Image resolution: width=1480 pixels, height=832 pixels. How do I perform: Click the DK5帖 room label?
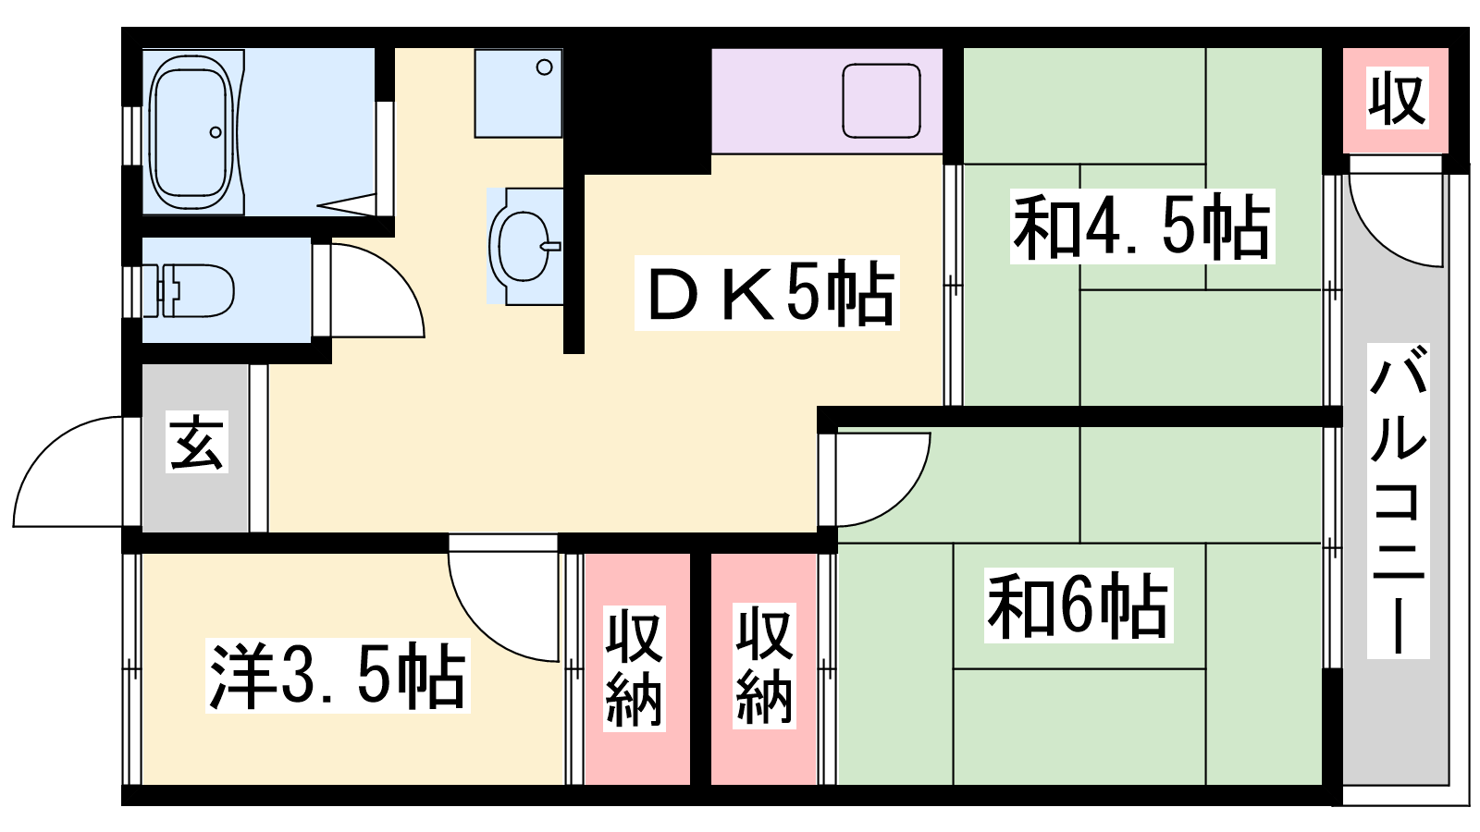coord(767,292)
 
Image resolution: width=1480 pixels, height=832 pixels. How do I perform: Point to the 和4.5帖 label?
coord(1141,226)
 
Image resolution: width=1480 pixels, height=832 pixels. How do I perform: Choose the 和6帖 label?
coord(1079,606)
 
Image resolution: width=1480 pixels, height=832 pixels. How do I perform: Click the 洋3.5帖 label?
coord(338,676)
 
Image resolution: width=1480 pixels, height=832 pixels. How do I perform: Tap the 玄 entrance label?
coord(197,442)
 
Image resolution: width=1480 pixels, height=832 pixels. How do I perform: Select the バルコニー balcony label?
coord(1398,500)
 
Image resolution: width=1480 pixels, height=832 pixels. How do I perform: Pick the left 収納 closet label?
coord(634,668)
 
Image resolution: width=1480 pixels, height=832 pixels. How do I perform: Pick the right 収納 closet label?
coord(764,667)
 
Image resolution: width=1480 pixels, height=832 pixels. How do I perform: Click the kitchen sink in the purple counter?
coord(882,101)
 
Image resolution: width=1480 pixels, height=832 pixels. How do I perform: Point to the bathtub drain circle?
coord(216,132)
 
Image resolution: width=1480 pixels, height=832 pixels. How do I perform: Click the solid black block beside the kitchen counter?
coord(637,110)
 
